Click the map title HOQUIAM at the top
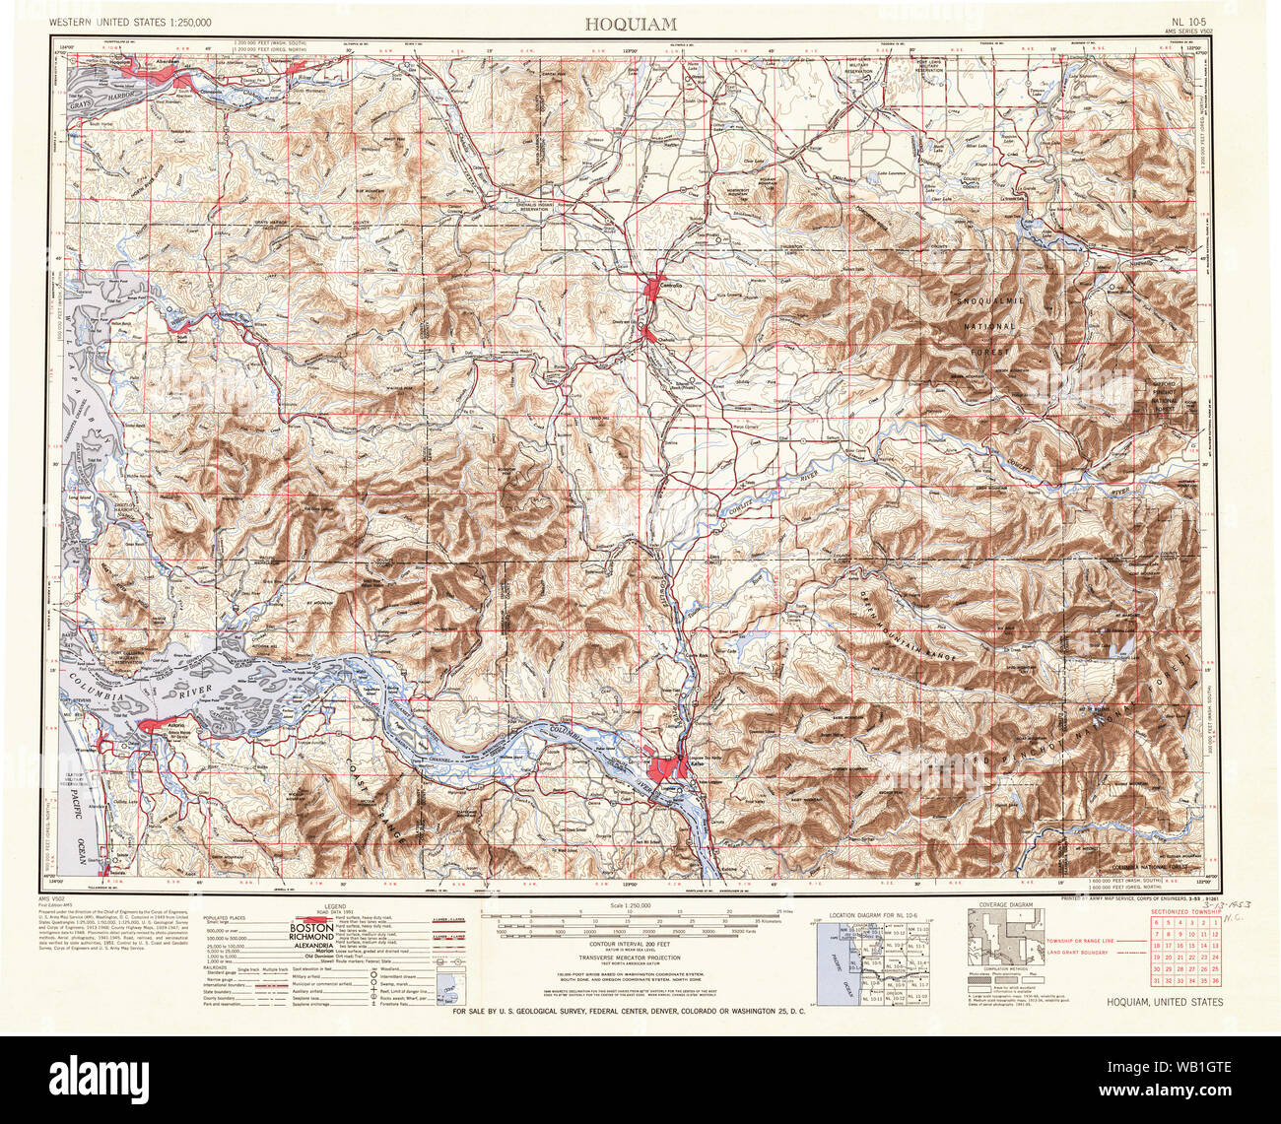(640, 22)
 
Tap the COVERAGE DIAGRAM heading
(1005, 904)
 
